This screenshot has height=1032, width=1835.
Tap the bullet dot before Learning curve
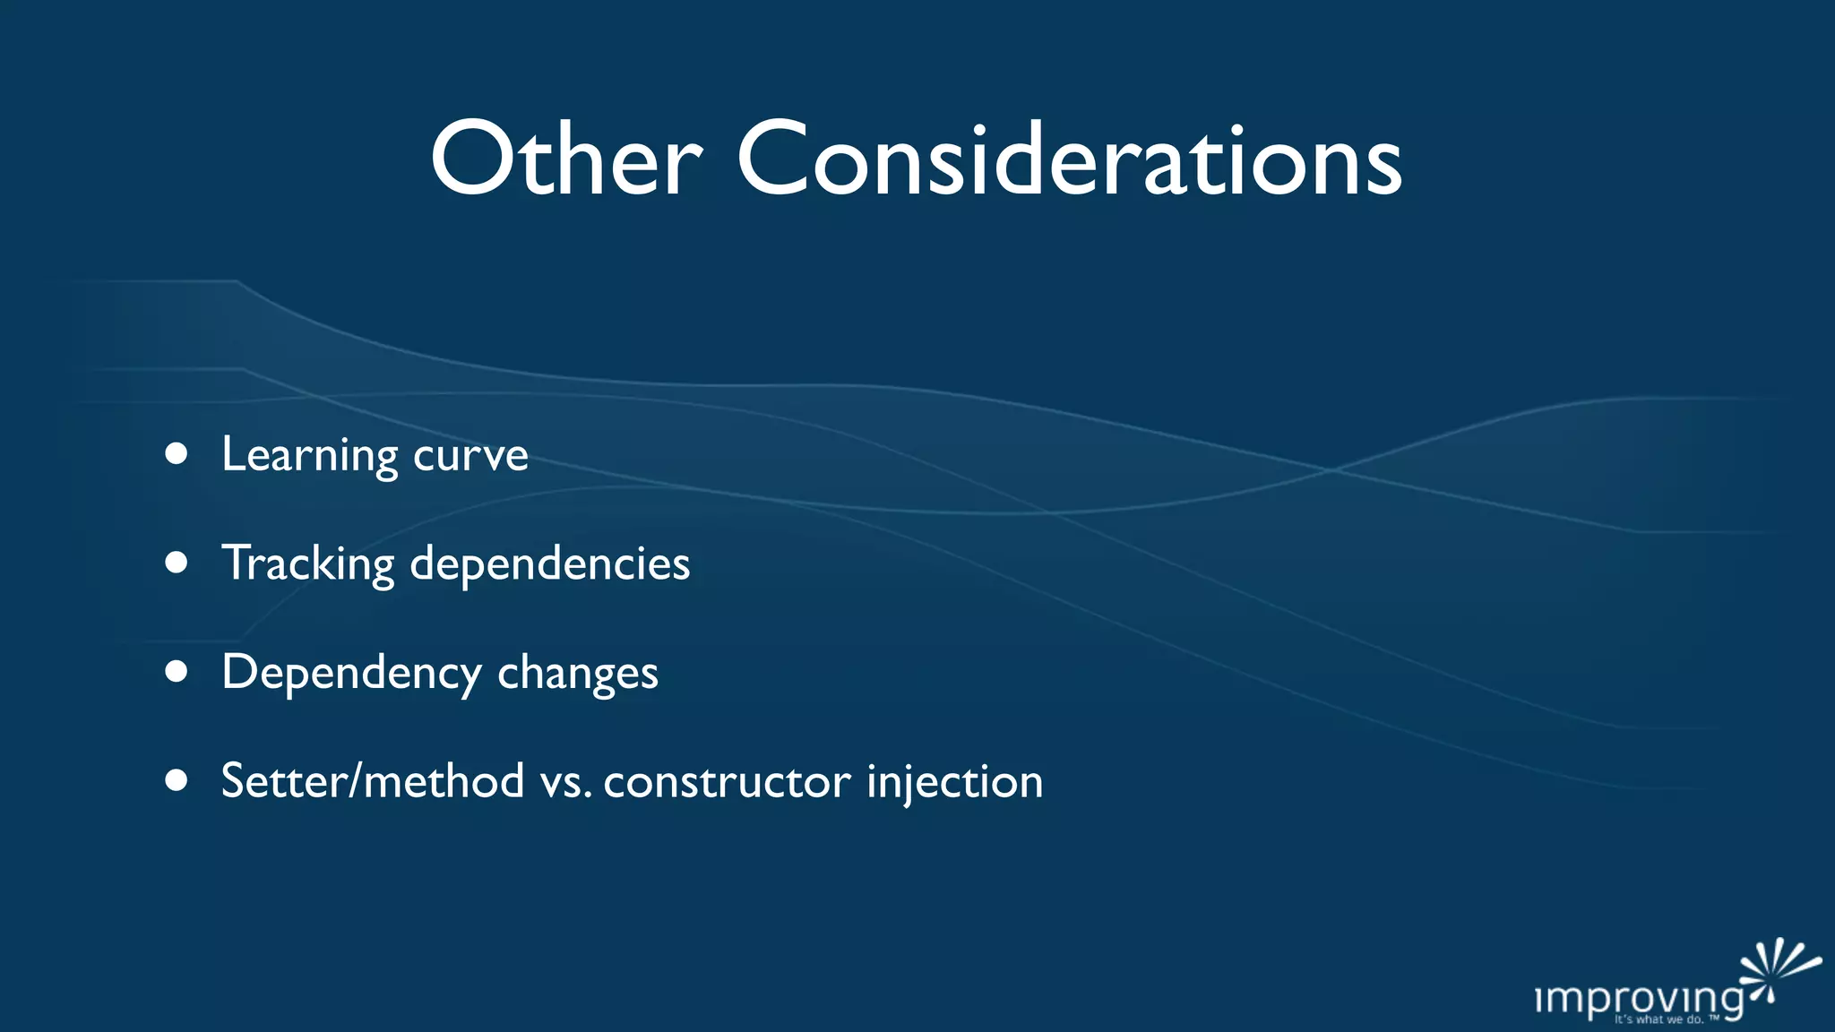click(x=177, y=454)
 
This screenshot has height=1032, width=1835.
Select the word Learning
click(x=310, y=455)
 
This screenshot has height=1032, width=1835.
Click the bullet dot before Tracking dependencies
click(x=177, y=563)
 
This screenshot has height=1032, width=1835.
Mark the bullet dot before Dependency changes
click(x=177, y=672)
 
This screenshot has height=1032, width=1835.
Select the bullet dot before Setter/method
click(x=177, y=780)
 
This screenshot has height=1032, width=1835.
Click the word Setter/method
click(x=373, y=781)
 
